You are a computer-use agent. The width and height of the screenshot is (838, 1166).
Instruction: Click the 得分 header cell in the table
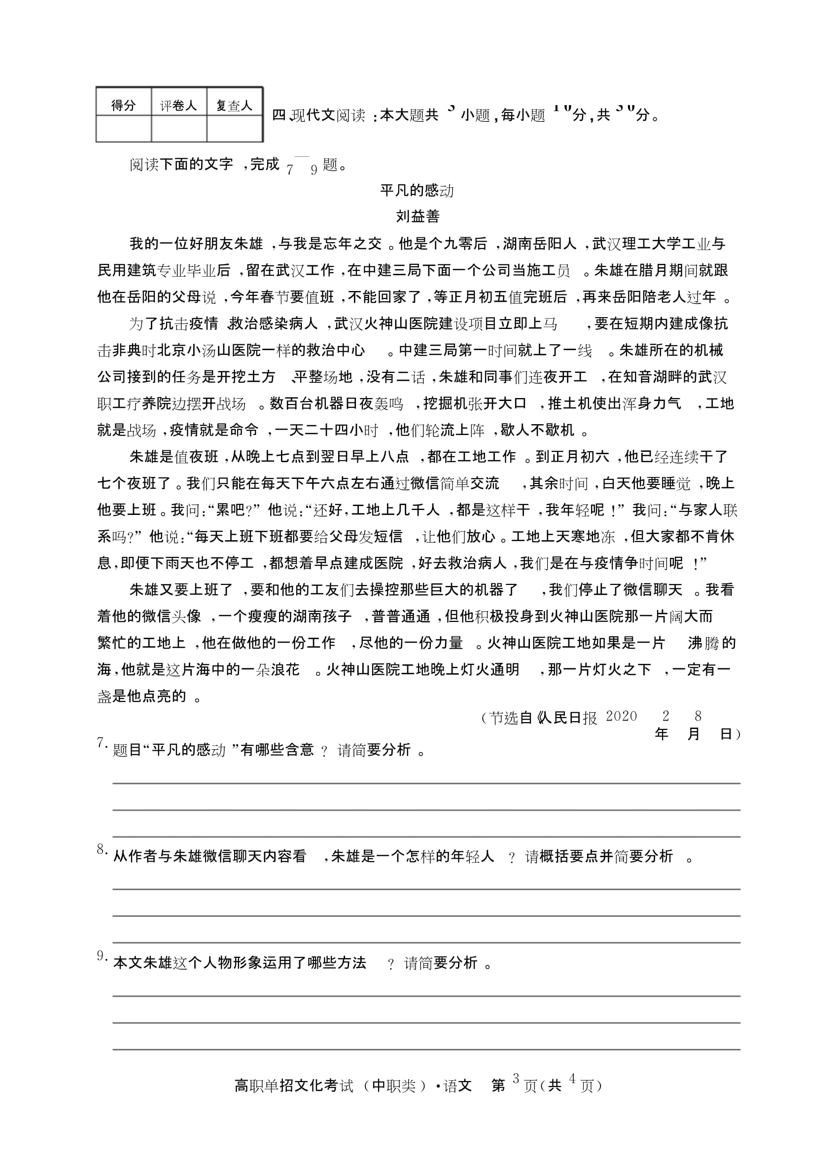123,106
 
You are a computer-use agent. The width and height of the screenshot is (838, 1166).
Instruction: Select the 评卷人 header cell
178,106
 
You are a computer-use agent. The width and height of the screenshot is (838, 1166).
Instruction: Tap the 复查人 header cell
234,106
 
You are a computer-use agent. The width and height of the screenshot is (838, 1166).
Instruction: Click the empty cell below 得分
123,129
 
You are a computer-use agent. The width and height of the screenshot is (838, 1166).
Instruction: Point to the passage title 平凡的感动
417,191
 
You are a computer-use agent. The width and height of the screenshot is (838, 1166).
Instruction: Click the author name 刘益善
418,217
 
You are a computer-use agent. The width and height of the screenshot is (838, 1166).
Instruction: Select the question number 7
101,742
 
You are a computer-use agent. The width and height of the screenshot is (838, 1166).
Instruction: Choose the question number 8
101,849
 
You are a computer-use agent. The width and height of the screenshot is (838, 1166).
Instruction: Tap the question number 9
101,955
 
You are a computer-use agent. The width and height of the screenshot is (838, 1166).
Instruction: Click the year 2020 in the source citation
621,716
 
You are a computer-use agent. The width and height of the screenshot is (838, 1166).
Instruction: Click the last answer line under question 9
426,1049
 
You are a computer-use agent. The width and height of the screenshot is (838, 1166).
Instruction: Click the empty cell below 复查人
234,129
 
